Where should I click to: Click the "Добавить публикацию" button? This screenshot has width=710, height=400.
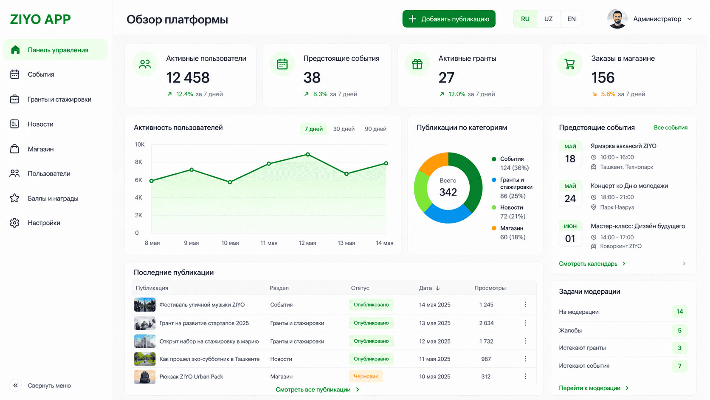click(449, 19)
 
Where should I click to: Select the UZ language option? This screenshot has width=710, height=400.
click(548, 19)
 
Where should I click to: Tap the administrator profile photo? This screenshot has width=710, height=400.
click(617, 19)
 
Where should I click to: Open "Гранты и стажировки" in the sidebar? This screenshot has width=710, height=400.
click(59, 99)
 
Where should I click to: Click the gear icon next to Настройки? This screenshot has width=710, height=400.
click(14, 223)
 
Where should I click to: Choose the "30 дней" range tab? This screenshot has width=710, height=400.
click(344, 129)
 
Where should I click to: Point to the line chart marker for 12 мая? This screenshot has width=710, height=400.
click(308, 154)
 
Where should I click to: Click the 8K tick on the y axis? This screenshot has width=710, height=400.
click(138, 162)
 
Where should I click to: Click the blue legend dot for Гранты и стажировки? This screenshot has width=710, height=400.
click(494, 180)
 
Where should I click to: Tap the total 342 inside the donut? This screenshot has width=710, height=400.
click(448, 192)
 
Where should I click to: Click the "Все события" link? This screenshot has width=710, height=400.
click(671, 128)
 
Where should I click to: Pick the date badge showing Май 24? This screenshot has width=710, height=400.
click(570, 193)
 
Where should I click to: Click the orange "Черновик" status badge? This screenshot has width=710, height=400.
click(366, 377)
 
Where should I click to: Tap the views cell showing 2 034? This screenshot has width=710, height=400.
click(486, 323)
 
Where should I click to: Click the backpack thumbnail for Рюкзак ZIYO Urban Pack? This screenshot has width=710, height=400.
click(145, 377)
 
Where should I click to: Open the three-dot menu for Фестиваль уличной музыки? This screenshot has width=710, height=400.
click(525, 304)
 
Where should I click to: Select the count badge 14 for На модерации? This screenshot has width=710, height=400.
click(679, 312)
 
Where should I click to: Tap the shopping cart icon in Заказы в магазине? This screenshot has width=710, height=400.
click(569, 64)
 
